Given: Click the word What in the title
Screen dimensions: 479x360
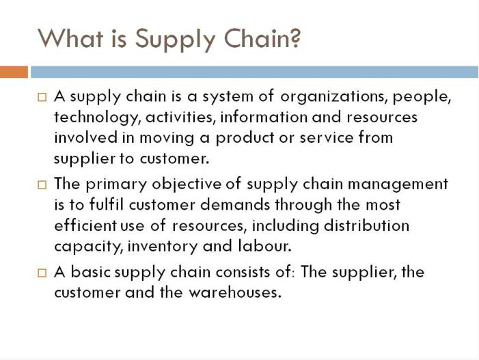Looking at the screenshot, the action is click(70, 38).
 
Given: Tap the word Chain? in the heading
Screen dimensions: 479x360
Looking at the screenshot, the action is click(262, 38).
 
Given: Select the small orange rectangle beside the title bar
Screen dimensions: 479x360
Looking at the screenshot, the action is click(14, 72).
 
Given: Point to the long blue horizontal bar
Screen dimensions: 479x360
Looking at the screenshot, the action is click(254, 72).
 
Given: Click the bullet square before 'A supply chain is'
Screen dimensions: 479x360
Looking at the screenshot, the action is click(42, 98).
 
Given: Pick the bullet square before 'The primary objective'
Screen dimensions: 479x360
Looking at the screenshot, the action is click(42, 185).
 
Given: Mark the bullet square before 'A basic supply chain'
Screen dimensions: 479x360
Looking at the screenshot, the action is click(42, 273).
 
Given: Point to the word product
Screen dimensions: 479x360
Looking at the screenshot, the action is click(245, 138).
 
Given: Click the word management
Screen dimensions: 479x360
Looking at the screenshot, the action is click(398, 185).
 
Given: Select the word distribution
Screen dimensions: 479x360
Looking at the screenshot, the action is click(366, 225).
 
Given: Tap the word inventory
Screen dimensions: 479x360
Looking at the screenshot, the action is click(163, 247).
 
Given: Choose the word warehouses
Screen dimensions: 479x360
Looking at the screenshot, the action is click(234, 293).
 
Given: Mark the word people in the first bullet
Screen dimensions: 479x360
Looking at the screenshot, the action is click(421, 97).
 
